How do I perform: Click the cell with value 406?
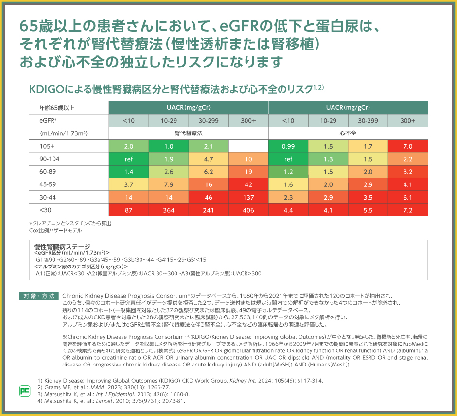(248, 210)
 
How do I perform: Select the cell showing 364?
(169, 210)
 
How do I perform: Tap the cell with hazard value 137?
(248, 197)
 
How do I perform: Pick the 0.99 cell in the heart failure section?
(288, 146)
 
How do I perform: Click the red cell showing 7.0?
(408, 146)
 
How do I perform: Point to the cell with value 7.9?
(169, 184)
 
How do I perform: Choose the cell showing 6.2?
(209, 172)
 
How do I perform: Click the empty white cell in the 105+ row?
(248, 146)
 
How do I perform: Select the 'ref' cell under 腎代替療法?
(129, 159)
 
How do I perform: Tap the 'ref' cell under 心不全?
(288, 159)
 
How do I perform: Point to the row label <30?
(46, 210)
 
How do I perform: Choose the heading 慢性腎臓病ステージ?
(63, 247)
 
